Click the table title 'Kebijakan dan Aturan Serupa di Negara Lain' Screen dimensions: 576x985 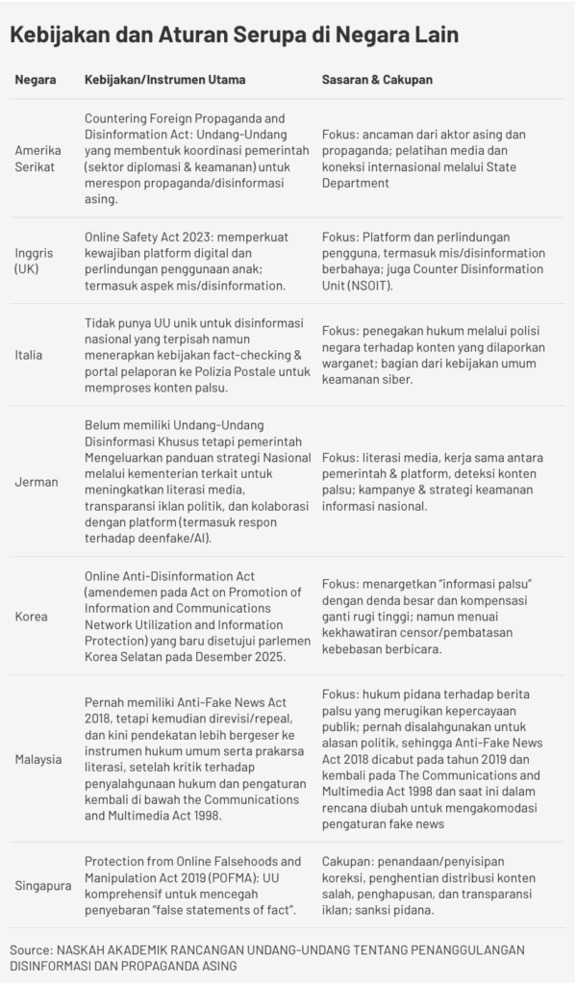[234, 36]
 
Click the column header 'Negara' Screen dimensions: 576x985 [35, 79]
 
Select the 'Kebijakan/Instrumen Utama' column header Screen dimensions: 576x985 [164, 79]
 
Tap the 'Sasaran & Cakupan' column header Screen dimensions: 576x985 [377, 79]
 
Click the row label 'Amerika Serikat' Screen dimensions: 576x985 [38, 159]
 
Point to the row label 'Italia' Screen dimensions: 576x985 [29, 355]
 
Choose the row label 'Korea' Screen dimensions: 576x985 [30, 615]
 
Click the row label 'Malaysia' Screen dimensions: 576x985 [38, 758]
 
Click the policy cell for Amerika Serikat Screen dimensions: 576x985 [187, 159]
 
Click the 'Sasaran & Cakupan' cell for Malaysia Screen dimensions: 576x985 [437, 758]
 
